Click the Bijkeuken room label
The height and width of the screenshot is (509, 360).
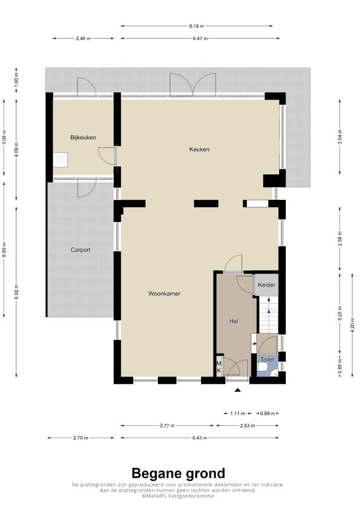click(83, 138)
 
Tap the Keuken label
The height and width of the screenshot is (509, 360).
click(199, 149)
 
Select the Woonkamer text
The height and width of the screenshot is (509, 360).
click(164, 293)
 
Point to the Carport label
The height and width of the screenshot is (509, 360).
click(80, 250)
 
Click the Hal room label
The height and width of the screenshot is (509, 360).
click(234, 321)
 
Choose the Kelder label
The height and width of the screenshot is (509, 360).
click(267, 285)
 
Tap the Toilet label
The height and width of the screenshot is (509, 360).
click(267, 360)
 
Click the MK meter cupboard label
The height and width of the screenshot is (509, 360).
click(219, 367)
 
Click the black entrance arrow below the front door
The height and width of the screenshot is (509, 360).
click(238, 390)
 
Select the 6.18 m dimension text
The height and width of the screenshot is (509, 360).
click(197, 26)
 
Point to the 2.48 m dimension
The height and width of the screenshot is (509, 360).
click(83, 39)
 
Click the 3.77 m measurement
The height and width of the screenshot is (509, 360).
click(167, 426)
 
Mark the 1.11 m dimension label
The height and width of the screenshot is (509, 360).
click(237, 413)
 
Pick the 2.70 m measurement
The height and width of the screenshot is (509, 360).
click(80, 438)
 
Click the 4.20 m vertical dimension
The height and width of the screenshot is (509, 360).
click(353, 326)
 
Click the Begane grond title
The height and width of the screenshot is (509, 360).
click(178, 474)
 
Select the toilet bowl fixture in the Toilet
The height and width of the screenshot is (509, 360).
click(262, 367)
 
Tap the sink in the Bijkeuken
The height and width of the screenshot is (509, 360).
click(61, 160)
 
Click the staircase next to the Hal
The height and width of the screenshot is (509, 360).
click(268, 314)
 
